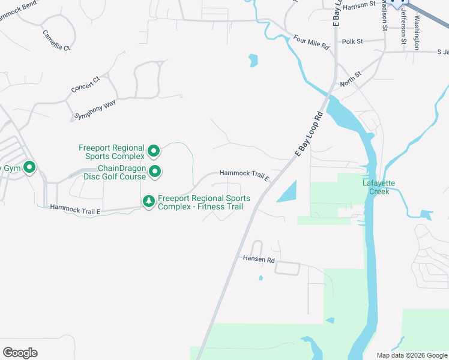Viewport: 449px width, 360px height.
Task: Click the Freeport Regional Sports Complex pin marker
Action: click(154, 151)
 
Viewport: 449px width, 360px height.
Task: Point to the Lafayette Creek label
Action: click(376, 187)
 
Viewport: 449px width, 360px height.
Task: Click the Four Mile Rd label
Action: click(312, 42)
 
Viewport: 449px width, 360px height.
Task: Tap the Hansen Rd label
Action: click(258, 260)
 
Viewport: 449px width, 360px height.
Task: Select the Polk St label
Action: click(352, 42)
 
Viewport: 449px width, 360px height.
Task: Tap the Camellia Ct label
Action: click(56, 39)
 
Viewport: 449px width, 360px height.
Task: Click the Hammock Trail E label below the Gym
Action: click(75, 208)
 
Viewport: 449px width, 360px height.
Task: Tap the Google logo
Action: click(20, 353)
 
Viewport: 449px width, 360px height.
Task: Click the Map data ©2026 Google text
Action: click(411, 355)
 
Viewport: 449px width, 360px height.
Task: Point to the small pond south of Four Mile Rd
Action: click(253, 60)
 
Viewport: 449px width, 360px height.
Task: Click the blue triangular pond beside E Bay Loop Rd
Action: click(287, 192)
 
